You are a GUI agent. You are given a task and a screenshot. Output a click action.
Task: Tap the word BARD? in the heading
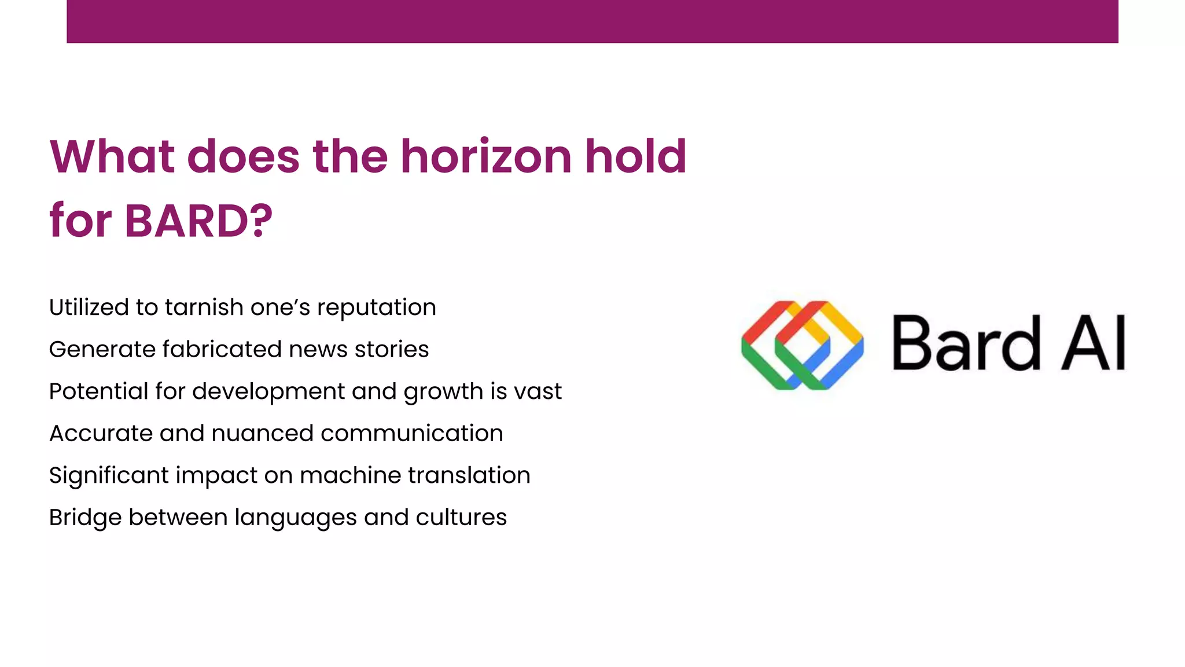pyautogui.click(x=198, y=221)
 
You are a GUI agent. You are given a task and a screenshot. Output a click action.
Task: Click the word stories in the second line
pyautogui.click(x=392, y=350)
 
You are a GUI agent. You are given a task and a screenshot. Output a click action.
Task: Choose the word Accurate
pyautogui.click(x=101, y=434)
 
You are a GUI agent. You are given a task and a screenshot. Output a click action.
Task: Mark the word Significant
pyautogui.click(x=109, y=476)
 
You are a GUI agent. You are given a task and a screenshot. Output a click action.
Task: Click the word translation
pyautogui.click(x=469, y=475)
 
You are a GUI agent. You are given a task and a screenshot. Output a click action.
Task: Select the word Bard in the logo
pyautogui.click(x=966, y=343)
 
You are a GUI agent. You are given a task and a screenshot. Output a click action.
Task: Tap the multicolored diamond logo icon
pyautogui.click(x=803, y=345)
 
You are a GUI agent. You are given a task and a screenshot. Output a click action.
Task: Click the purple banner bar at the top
pyautogui.click(x=592, y=21)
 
